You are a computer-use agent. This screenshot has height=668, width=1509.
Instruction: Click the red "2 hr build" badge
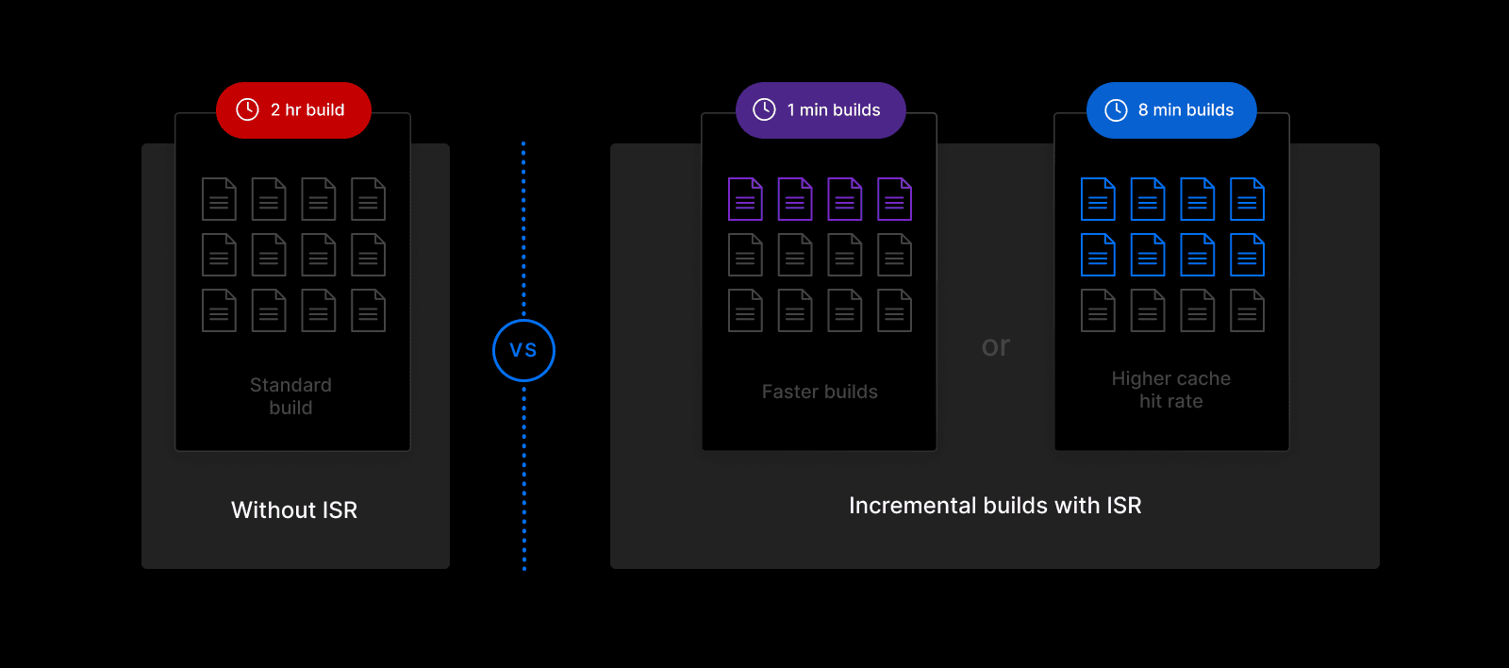(x=293, y=110)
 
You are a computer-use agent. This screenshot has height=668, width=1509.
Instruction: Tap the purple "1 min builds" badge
(x=821, y=110)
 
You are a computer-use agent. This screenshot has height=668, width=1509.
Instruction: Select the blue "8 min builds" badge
(x=1171, y=110)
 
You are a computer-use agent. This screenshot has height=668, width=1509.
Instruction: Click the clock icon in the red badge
(x=247, y=109)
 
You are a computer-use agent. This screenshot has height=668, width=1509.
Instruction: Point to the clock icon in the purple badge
(x=764, y=109)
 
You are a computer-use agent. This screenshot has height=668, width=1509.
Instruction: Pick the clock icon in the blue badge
(x=1116, y=110)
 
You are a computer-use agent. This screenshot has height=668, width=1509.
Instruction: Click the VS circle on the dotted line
(x=523, y=350)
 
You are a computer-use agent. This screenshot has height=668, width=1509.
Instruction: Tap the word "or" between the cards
(x=995, y=346)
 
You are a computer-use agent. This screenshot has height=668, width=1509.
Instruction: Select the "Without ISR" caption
(x=294, y=510)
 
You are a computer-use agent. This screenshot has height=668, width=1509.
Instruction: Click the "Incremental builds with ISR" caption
(x=995, y=506)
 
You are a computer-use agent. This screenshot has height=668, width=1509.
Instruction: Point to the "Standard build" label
(x=290, y=396)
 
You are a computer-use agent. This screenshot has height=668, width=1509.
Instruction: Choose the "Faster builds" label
(x=820, y=392)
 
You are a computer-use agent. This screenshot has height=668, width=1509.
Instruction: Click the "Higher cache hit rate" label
(x=1170, y=390)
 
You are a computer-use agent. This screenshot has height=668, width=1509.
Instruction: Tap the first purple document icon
(x=745, y=199)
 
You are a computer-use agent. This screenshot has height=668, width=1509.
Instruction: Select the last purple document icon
(x=894, y=199)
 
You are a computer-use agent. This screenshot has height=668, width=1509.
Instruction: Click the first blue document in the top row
(x=1098, y=199)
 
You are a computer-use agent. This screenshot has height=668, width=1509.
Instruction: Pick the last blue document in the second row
(x=1247, y=255)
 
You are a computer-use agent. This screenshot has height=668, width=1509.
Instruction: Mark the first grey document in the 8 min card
(x=1098, y=310)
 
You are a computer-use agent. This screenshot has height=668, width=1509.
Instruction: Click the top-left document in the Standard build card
(x=219, y=199)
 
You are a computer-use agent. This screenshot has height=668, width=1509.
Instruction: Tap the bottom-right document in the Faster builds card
(x=894, y=310)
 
